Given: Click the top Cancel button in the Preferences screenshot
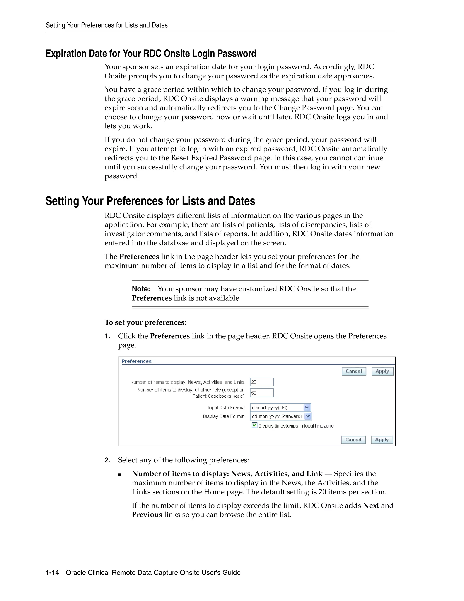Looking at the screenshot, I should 353,371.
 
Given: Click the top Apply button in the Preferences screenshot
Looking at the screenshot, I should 382,371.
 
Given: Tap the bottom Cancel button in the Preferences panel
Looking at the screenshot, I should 353,440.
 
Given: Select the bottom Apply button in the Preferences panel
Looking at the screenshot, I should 382,440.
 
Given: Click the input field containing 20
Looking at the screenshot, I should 262,382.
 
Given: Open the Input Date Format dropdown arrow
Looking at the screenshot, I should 307,408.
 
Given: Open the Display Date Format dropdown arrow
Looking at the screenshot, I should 308,416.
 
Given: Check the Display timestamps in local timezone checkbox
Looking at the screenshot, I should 254,425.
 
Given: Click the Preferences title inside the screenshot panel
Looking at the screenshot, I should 137,361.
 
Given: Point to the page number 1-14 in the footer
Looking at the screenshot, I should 52,573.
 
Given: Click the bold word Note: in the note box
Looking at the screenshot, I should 141,289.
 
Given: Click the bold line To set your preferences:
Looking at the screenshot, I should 145,322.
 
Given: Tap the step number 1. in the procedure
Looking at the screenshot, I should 107,336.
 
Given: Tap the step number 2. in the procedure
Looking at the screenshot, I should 107,460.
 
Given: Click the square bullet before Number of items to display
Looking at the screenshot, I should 120,474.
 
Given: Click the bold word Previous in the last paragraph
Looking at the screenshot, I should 147,515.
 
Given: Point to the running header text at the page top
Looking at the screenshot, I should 107,25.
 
